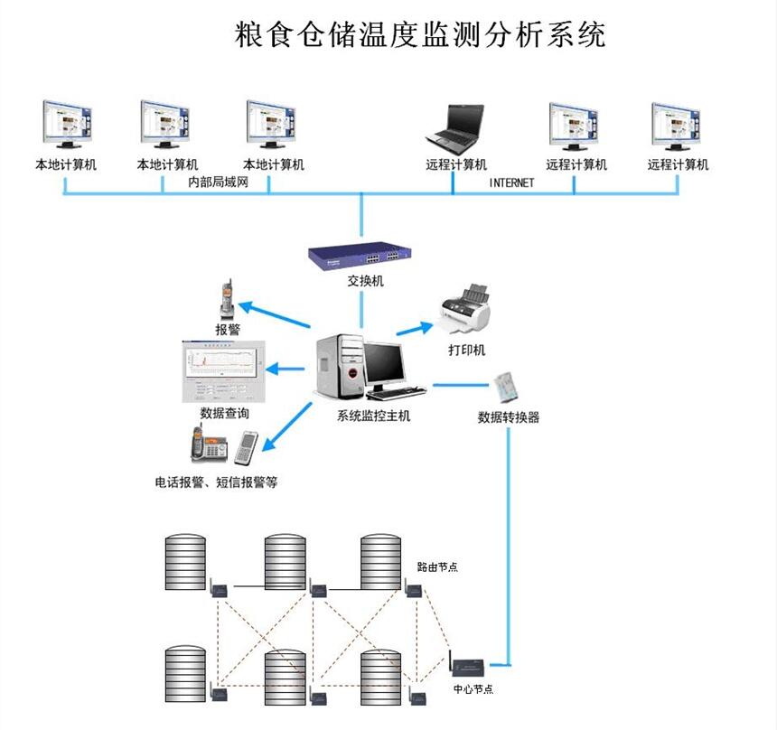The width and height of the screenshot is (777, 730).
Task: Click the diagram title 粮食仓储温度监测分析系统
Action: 419,34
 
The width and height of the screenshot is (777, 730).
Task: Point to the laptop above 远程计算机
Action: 456,128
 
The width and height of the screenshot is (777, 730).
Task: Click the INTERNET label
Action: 511,182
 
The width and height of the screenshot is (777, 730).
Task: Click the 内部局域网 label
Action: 217,182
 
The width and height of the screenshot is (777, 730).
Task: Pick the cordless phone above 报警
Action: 225,299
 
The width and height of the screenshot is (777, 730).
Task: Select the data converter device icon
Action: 508,387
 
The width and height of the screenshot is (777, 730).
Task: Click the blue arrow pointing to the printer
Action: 415,327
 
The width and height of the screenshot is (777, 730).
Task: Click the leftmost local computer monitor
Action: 65,125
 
